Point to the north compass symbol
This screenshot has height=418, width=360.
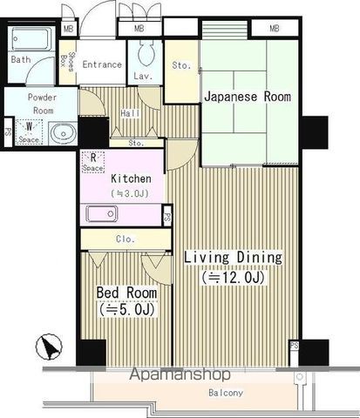(49, 348)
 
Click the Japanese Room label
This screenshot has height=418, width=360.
(248, 97)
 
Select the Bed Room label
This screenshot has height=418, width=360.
(127, 293)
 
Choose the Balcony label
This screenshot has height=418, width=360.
(225, 393)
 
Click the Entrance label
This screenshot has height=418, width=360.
(101, 64)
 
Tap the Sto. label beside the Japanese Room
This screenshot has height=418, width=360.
(181, 64)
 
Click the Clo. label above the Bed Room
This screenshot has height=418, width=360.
(124, 239)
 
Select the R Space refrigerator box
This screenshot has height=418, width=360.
(93, 161)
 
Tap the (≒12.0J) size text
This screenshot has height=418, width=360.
(232, 278)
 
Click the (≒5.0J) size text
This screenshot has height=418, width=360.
(127, 309)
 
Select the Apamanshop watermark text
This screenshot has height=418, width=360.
(180, 375)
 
